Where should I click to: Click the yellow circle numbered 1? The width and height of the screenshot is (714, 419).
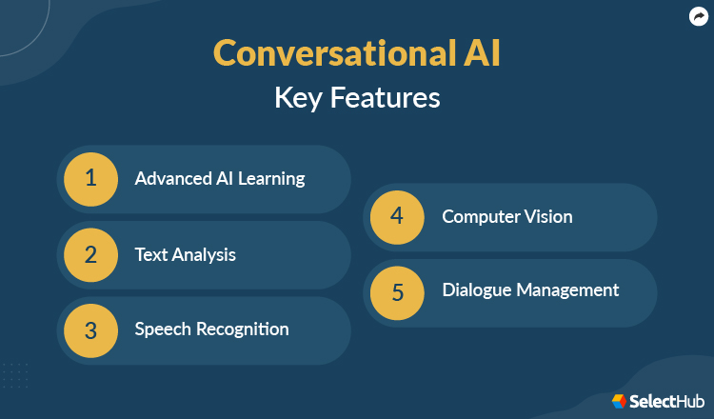[x=90, y=178]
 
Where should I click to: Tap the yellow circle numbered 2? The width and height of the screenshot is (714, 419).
[x=90, y=254]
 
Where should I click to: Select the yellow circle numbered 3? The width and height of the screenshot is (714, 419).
[x=90, y=329]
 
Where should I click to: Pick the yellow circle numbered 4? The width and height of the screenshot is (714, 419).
[x=397, y=216]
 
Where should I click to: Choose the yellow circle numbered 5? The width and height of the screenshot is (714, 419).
[x=397, y=290]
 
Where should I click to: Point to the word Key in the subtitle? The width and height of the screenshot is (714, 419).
[x=299, y=98]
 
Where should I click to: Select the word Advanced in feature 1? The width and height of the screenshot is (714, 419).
[x=168, y=178]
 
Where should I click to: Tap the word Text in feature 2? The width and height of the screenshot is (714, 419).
[x=150, y=254]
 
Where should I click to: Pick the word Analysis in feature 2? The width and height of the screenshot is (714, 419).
[x=204, y=255]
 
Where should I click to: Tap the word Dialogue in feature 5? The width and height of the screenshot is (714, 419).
[x=478, y=290]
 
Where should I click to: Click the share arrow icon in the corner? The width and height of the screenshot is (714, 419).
[x=698, y=16]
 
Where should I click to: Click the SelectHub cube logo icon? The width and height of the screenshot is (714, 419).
[x=619, y=401]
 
